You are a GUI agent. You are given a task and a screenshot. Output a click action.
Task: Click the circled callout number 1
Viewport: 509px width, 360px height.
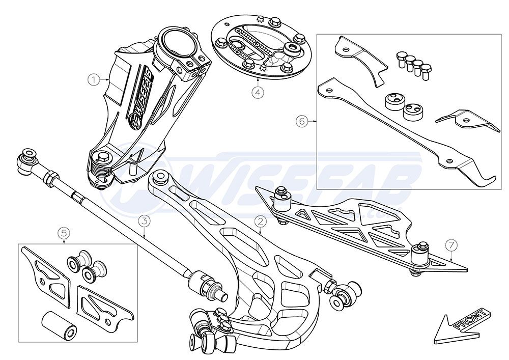tap(94, 79)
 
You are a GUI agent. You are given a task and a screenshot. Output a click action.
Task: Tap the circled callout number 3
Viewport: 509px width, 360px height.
tap(145, 221)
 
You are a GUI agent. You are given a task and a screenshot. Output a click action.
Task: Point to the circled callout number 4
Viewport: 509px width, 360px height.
tap(258, 93)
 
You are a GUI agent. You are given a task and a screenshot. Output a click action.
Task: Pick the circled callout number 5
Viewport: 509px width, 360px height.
tap(64, 232)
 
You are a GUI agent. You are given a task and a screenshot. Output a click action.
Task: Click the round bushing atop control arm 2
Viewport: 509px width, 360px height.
tap(160, 177)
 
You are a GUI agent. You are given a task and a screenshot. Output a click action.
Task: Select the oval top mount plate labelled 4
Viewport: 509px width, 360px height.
tap(261, 46)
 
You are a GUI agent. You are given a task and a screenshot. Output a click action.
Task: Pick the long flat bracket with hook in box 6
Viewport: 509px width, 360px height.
tap(406, 130)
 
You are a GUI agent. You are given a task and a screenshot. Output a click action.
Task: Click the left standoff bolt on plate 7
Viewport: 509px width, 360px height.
tap(281, 198)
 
